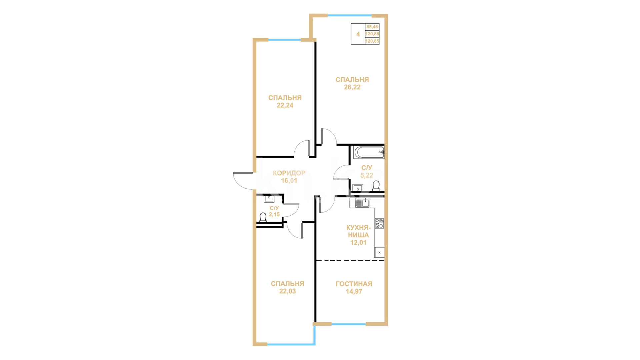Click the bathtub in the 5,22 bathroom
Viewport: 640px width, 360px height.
[x=369, y=152]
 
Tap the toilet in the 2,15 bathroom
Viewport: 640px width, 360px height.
[x=263, y=218]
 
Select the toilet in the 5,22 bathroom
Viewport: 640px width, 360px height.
[x=376, y=186]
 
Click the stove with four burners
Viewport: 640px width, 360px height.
[x=379, y=223]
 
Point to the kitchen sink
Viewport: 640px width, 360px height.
[x=362, y=203]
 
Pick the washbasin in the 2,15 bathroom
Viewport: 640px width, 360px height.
[x=269, y=199]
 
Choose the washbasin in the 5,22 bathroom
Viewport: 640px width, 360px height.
[x=358, y=188]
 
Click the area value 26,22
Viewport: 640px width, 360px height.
[x=352, y=87]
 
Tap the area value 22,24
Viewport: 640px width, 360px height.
[x=285, y=105]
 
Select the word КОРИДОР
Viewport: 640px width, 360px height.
[x=289, y=173]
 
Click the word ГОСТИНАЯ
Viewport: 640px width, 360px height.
[x=354, y=284]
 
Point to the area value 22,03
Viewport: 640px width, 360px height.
[x=287, y=291]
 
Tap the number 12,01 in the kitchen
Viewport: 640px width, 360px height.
[x=358, y=243]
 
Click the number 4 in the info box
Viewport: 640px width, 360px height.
[x=358, y=34]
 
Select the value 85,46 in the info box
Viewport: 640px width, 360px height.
[x=372, y=27]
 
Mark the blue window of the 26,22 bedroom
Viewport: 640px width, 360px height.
[x=350, y=15]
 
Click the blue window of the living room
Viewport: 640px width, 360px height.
[x=349, y=324]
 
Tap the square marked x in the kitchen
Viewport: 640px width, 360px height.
[x=379, y=252]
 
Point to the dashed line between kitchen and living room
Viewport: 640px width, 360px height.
[x=350, y=260]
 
